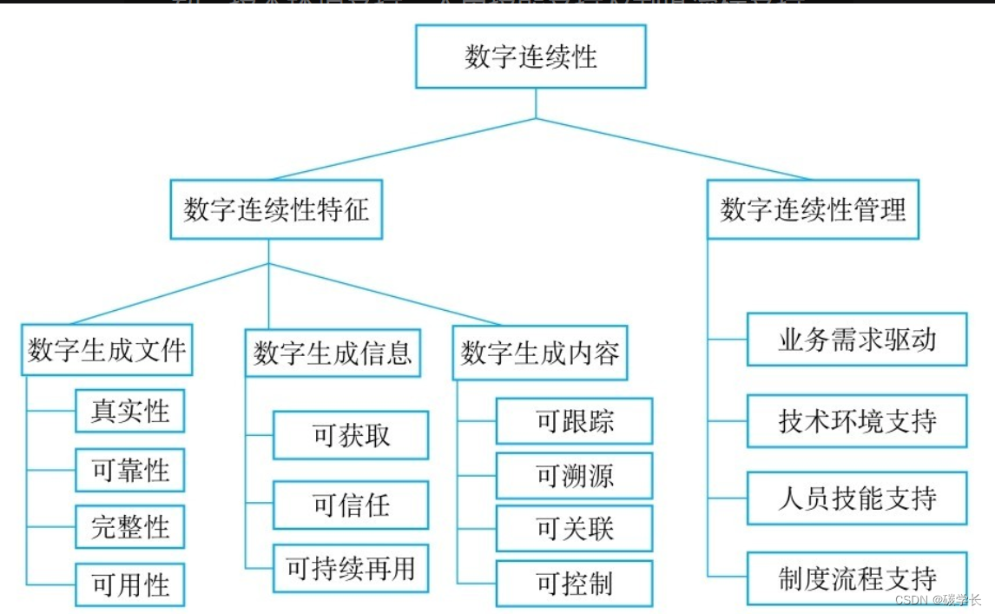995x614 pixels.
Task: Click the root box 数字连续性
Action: (x=530, y=56)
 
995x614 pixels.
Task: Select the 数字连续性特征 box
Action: (x=276, y=209)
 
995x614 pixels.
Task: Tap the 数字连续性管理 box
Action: (x=813, y=209)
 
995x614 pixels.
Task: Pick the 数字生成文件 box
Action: (x=107, y=350)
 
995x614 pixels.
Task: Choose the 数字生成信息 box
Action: (x=333, y=353)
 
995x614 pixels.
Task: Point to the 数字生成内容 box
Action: (x=539, y=353)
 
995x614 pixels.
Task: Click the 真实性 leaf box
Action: (x=130, y=411)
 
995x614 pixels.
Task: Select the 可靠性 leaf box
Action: (x=130, y=471)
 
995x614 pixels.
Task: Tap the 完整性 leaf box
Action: (x=130, y=527)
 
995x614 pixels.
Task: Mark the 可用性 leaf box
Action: (x=130, y=584)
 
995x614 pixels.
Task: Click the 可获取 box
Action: (x=351, y=435)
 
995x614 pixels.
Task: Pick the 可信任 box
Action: (x=351, y=505)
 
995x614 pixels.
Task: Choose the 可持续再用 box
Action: (x=351, y=568)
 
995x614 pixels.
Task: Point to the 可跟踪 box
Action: (x=574, y=421)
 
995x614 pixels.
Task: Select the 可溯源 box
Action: (x=574, y=475)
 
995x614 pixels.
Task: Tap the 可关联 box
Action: (x=574, y=528)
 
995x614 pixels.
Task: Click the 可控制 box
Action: (x=574, y=584)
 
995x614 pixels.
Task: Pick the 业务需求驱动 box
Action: (x=857, y=339)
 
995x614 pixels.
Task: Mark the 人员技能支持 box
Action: (x=857, y=498)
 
